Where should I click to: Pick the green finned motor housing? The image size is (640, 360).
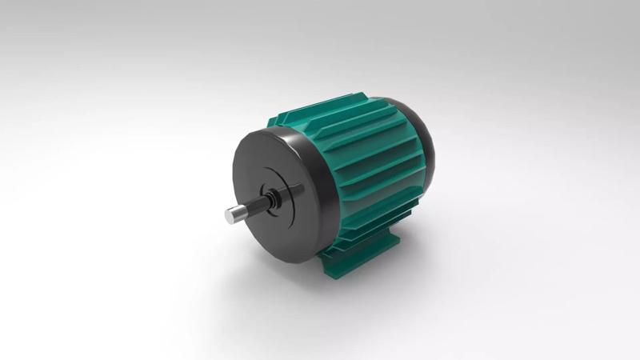[x=368, y=168]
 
